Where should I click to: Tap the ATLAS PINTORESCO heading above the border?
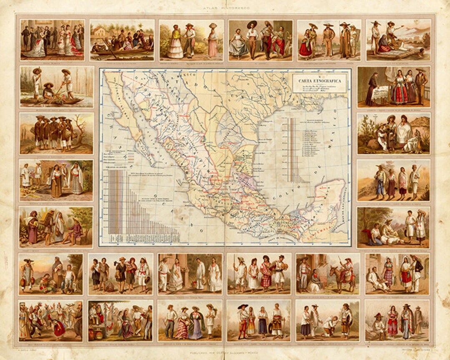[225, 8]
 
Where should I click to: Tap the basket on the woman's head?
[213, 26]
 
